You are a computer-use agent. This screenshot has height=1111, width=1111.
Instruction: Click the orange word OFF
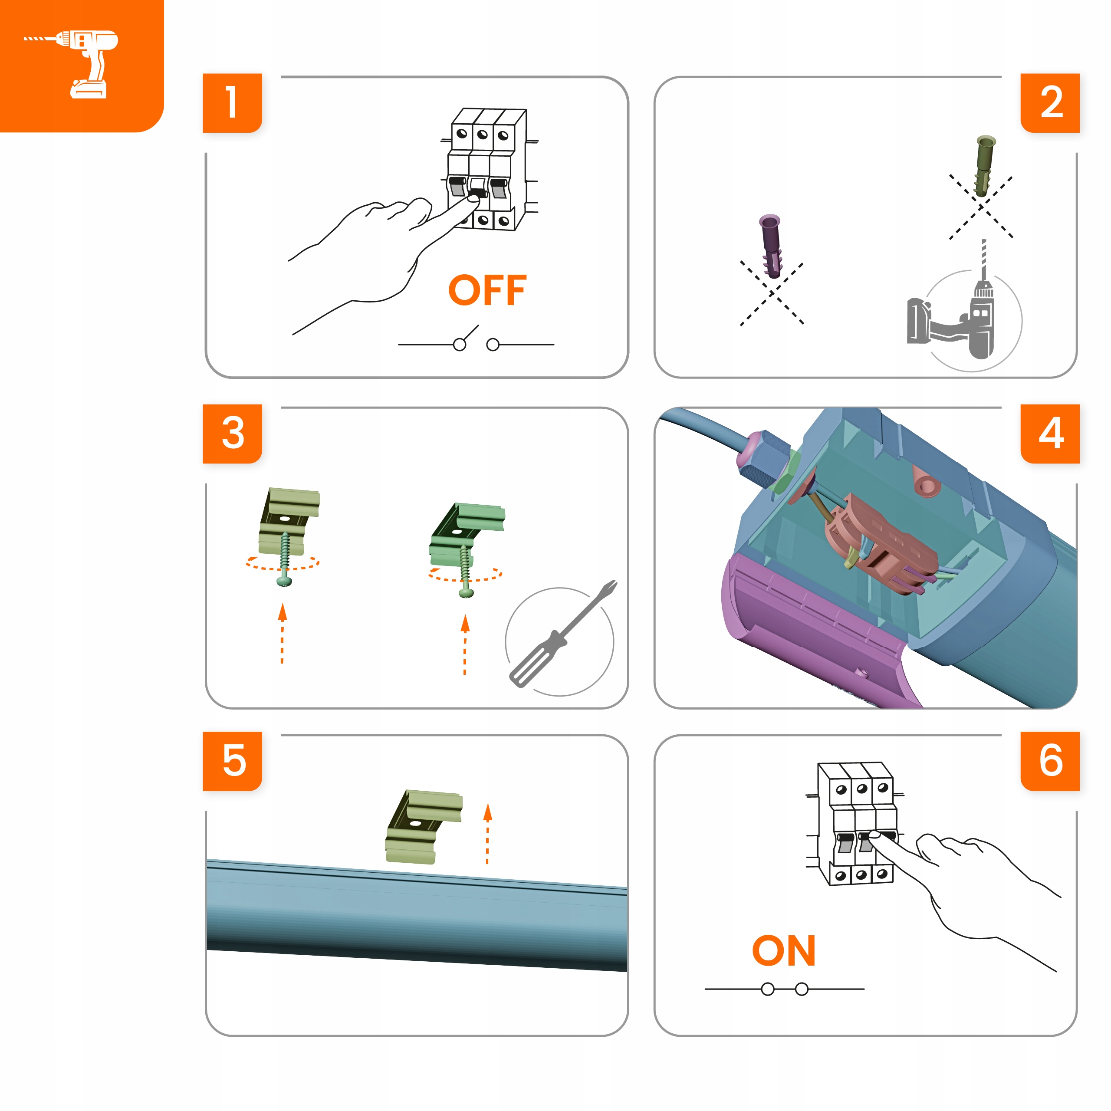point(487,290)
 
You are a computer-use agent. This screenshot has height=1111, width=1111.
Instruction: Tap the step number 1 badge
point(232,103)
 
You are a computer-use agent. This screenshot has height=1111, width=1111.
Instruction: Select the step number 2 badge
point(1050,103)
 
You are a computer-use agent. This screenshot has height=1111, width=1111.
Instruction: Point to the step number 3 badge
point(232,434)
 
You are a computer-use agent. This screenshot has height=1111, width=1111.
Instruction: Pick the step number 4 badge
point(1050,434)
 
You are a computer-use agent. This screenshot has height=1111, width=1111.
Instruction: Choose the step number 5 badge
point(232,761)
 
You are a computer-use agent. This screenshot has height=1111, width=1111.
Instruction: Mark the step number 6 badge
point(1050,761)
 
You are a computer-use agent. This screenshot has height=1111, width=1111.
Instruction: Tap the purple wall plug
point(771,246)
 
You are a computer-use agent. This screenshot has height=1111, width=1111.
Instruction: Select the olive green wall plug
point(984,166)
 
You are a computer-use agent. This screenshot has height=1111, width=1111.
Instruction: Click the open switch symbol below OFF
point(476,340)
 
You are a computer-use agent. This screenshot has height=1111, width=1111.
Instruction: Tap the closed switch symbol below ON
point(784,989)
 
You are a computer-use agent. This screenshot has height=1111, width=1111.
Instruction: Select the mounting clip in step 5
point(425,827)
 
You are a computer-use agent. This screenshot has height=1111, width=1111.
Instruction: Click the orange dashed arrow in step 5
point(488,834)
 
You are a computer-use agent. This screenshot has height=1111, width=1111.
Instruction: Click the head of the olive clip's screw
point(284,582)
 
